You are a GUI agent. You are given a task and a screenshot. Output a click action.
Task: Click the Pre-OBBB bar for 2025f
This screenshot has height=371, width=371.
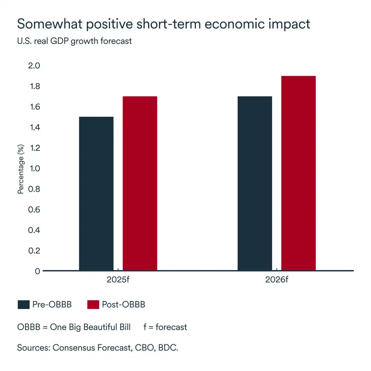click(x=96, y=193)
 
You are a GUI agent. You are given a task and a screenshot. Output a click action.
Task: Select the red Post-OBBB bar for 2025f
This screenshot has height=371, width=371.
click(x=140, y=183)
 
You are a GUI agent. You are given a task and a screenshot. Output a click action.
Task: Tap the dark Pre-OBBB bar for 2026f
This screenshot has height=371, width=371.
click(x=255, y=183)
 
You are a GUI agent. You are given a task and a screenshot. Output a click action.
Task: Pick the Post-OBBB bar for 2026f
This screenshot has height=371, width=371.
click(x=298, y=173)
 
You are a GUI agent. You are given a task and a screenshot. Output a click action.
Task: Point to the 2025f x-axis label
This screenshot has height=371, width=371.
click(x=118, y=280)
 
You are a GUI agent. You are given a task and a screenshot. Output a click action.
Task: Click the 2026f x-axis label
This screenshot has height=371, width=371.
click(x=277, y=280)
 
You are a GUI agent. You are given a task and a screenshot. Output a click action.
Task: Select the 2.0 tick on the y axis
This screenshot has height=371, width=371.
click(x=34, y=66)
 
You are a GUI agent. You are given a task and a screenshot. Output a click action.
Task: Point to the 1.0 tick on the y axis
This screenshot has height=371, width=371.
click(x=34, y=168)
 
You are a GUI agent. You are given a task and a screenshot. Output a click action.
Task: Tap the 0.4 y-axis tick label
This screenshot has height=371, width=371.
click(x=34, y=230)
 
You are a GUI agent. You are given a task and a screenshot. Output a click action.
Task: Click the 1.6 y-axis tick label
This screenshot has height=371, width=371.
click(x=34, y=107)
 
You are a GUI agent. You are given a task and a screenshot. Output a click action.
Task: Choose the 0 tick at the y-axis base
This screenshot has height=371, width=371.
click(x=37, y=271)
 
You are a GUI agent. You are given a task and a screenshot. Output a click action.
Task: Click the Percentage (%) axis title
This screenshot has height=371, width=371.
click(x=21, y=169)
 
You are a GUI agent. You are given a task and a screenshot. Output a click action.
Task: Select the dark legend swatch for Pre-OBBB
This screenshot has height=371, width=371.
click(x=24, y=305)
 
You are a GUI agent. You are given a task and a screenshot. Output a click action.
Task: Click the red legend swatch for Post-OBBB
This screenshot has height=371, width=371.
click(x=93, y=305)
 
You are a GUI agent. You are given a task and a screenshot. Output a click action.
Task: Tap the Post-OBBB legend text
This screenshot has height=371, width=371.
click(x=124, y=305)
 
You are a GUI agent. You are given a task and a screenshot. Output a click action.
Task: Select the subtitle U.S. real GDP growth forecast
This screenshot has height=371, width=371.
click(x=75, y=41)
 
